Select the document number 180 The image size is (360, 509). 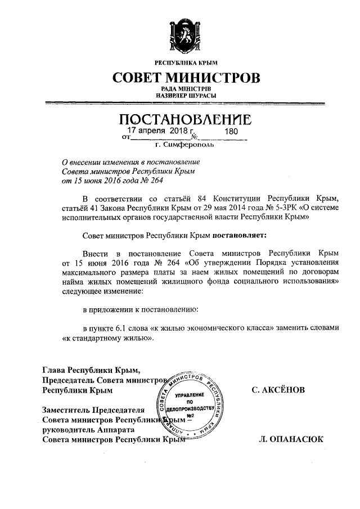[x=232, y=132]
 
